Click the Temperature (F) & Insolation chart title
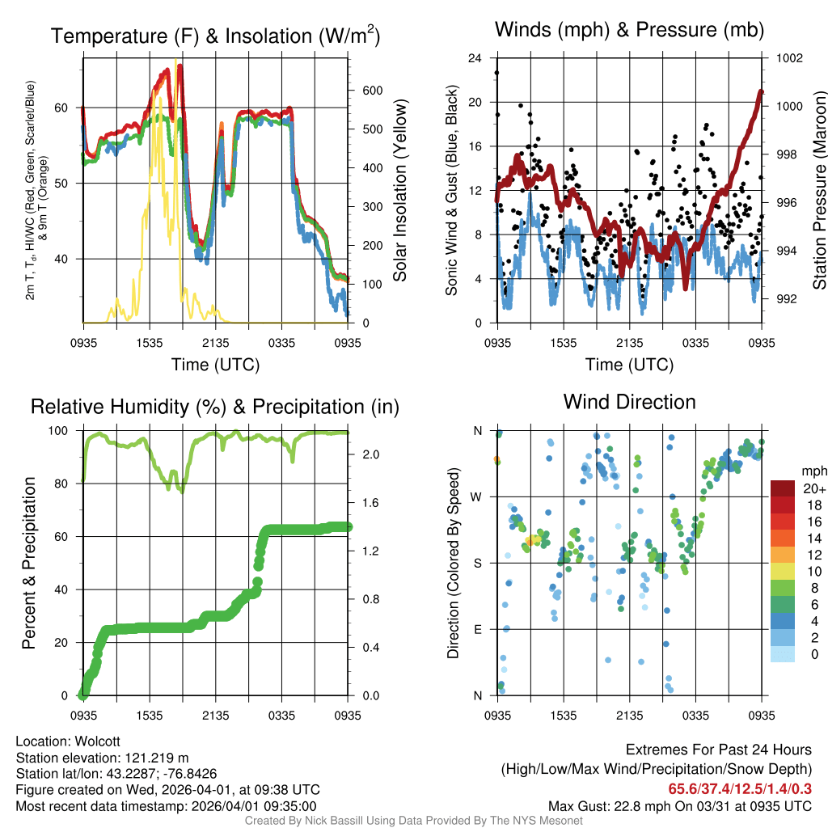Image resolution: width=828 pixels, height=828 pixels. [x=215, y=36]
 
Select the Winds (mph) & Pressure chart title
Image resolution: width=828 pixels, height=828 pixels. [x=629, y=30]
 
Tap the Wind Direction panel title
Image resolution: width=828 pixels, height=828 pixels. [x=629, y=402]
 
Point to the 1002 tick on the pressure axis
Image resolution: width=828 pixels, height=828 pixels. [x=788, y=58]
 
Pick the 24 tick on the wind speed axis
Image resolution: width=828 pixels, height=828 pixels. [x=475, y=58]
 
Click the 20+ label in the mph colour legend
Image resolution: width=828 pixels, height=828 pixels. [x=813, y=488]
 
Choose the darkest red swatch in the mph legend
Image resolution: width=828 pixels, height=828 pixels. [x=783, y=488]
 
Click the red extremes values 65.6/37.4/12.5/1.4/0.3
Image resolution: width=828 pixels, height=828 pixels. [x=739, y=788]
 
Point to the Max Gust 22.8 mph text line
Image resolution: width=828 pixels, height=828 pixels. [x=679, y=805]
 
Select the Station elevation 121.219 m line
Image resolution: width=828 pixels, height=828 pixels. [x=102, y=758]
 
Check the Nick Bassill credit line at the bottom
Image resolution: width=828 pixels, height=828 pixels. [x=413, y=821]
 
